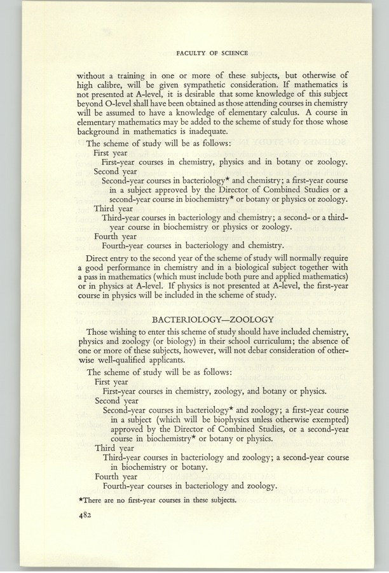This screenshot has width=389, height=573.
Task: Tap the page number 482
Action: [85, 517]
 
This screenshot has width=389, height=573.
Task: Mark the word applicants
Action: [188, 361]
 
